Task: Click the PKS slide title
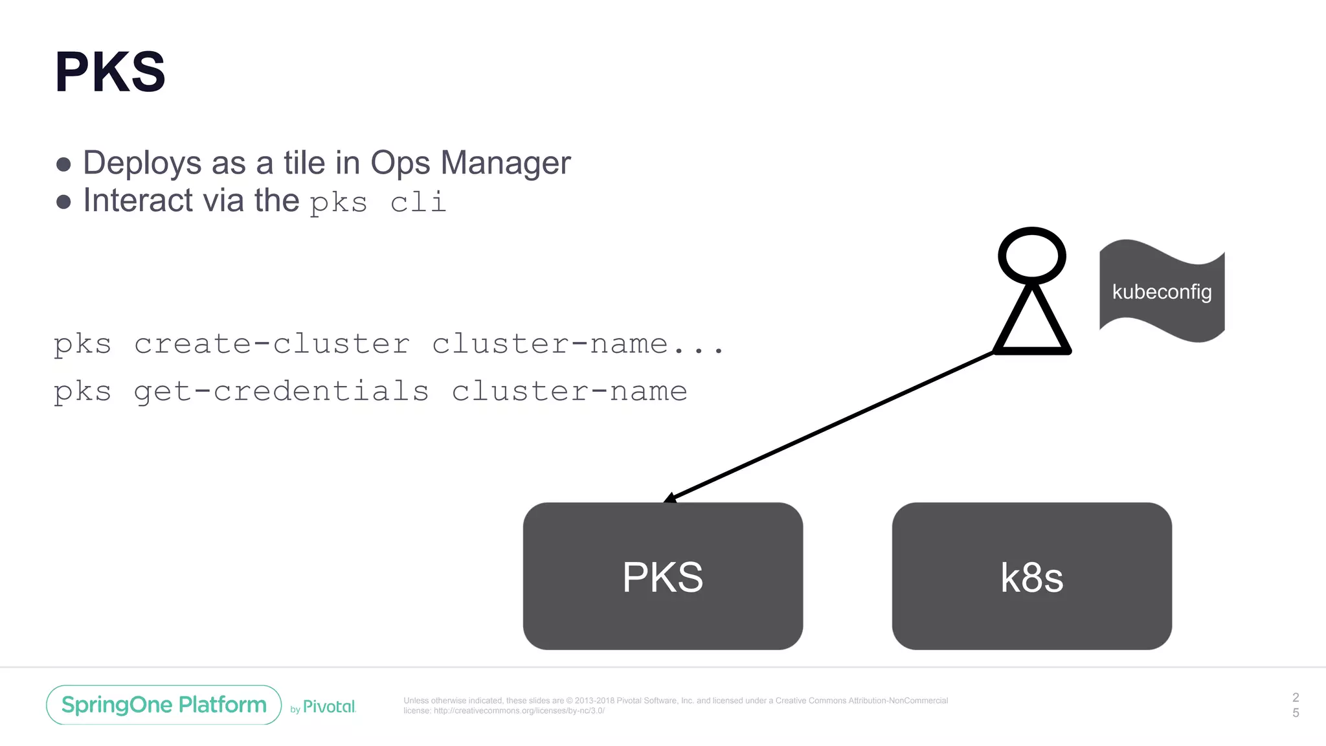coord(110,73)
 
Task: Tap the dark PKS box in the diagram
coord(662,576)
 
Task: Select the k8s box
coord(1031,576)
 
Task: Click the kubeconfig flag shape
coord(1162,291)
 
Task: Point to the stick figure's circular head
coord(1031,255)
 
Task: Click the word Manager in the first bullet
coord(505,163)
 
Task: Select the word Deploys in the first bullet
coord(142,163)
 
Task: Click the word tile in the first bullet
coord(304,163)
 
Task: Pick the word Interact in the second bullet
coord(138,200)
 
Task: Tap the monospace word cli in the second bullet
coord(418,203)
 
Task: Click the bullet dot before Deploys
coord(63,164)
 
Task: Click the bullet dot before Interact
coord(63,202)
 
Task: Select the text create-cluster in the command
coord(272,344)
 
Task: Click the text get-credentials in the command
coord(281,391)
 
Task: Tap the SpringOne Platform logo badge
coord(164,705)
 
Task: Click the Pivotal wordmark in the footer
coord(329,706)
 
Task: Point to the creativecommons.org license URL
coord(519,710)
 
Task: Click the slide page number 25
coord(1296,705)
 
